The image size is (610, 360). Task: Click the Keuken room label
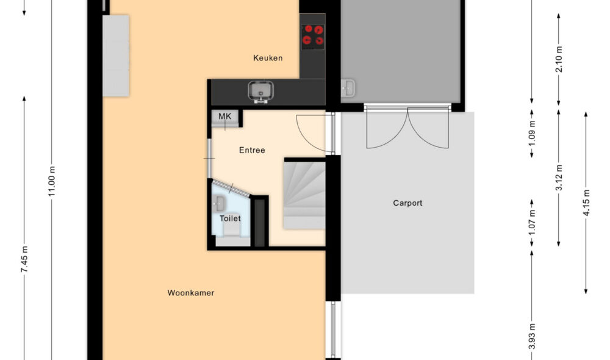click(268, 58)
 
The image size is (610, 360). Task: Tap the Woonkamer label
click(191, 293)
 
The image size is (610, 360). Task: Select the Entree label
click(252, 150)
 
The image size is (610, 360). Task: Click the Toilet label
click(230, 218)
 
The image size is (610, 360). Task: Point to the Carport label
click(407, 203)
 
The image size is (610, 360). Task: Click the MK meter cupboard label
click(225, 116)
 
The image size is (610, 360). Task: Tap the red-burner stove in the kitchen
click(314, 36)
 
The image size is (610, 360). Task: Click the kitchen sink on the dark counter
click(262, 92)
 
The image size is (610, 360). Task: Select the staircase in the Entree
click(304, 193)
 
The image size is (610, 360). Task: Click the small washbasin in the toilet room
click(220, 203)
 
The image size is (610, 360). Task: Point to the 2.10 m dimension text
click(559, 59)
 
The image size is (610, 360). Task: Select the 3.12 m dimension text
click(559, 178)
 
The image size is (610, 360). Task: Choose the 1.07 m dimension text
click(533, 224)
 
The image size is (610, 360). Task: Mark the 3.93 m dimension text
click(533, 337)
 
